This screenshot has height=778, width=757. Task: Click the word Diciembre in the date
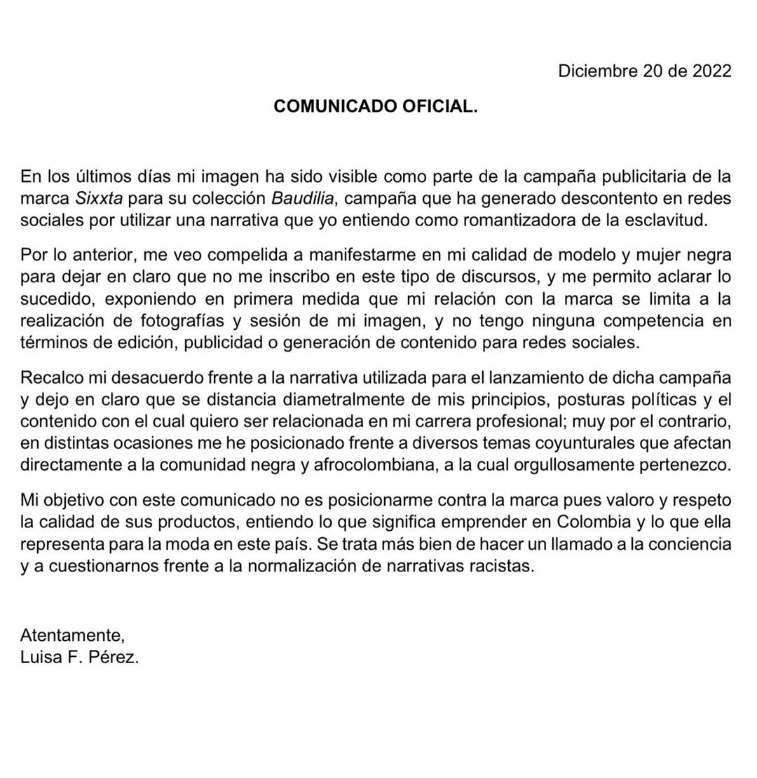[x=596, y=71]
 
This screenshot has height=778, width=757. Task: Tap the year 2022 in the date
[x=711, y=71]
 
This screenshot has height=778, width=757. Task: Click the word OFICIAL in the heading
[x=439, y=106]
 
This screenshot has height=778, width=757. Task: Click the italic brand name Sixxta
[x=99, y=198]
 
